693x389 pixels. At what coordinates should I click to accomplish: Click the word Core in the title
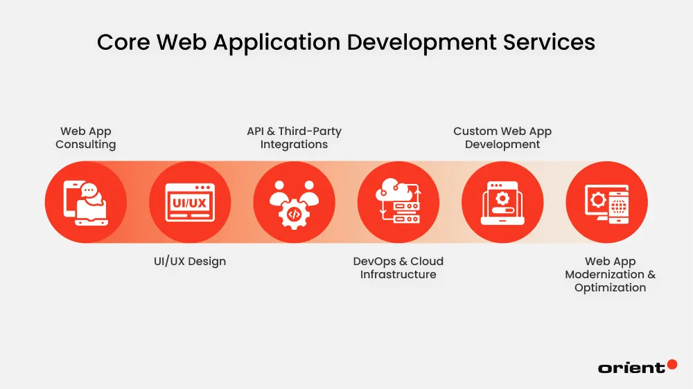(123, 42)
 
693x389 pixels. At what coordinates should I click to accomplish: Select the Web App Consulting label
(86, 138)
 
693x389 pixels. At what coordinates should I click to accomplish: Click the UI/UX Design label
(190, 262)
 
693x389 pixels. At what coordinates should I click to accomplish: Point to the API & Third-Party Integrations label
(294, 138)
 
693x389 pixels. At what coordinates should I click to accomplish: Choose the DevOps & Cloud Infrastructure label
(398, 268)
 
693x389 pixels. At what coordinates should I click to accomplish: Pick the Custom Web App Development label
(502, 138)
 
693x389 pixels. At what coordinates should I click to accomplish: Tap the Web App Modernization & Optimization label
(610, 274)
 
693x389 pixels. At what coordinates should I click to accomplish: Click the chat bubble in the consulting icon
(89, 190)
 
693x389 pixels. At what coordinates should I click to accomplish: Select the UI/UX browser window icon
(190, 202)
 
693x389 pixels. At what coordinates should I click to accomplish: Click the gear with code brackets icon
(294, 215)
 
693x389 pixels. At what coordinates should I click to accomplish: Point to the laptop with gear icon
(502, 203)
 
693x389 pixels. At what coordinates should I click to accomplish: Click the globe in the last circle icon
(619, 208)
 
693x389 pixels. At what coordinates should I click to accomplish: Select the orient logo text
(631, 368)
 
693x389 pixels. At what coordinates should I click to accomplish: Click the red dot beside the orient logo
(672, 363)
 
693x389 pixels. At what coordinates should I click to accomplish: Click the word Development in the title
(425, 42)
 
